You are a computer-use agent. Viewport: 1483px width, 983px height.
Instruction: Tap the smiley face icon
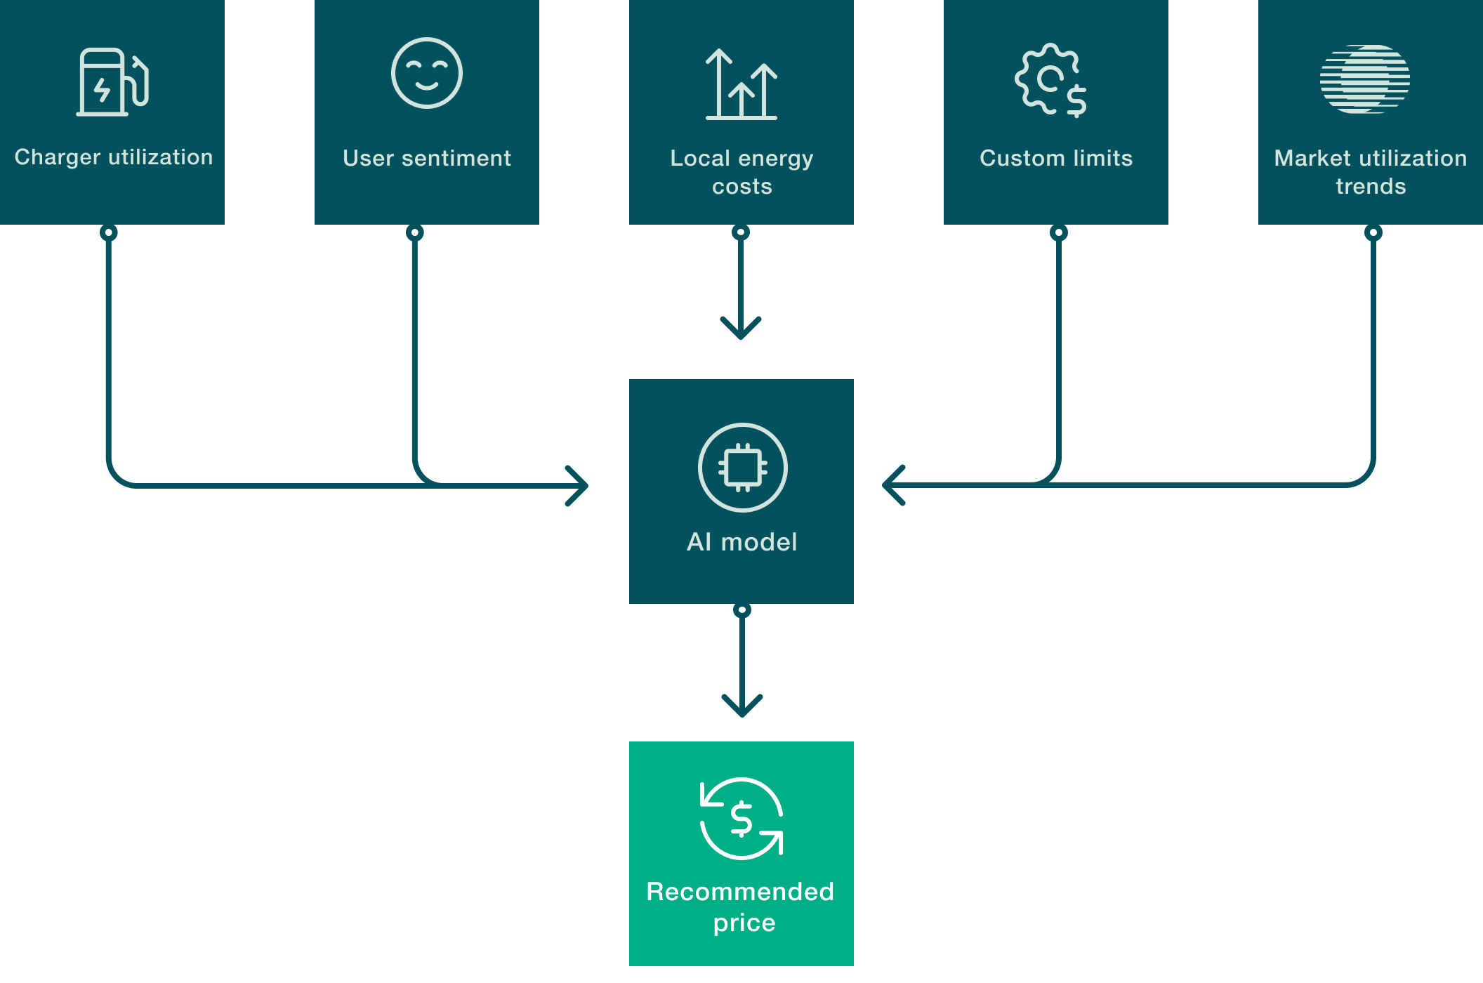[426, 73]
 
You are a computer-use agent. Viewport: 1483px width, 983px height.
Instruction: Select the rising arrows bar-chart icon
[741, 84]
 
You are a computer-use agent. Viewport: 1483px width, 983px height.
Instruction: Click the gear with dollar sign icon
[1051, 80]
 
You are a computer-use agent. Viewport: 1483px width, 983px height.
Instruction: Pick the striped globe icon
[1364, 79]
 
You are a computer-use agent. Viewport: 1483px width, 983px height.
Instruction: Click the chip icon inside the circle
[742, 468]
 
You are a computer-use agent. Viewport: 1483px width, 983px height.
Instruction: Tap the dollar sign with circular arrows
[741, 819]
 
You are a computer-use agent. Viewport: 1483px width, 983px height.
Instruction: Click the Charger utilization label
[113, 157]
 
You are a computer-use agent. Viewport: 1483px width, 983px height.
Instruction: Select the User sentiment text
[426, 159]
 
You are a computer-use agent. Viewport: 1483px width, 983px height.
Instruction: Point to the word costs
[741, 187]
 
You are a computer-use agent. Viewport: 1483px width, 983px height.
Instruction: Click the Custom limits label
[1055, 159]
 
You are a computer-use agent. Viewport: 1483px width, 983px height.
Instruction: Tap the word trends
[1370, 187]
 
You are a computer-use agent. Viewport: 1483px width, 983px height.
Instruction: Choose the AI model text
[741, 542]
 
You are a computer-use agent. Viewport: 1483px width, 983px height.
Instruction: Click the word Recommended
[740, 892]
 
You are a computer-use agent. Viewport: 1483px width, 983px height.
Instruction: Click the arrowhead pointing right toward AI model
[580, 485]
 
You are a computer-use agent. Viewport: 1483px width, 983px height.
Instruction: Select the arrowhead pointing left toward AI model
[890, 485]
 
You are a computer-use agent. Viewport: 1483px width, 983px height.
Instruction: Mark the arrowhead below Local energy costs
[741, 330]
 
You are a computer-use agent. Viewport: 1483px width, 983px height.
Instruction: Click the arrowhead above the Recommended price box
[741, 708]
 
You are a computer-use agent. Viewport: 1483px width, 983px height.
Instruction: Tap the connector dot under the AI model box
[741, 609]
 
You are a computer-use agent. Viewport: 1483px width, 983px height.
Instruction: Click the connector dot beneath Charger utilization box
[108, 232]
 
